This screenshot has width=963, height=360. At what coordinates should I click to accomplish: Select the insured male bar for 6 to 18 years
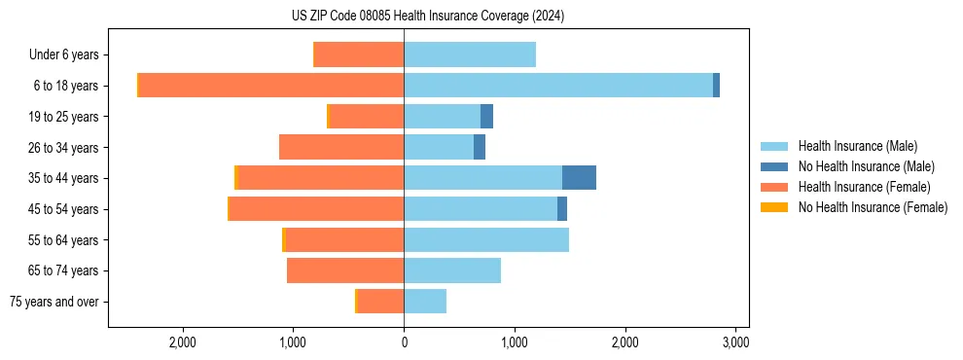[x=558, y=86]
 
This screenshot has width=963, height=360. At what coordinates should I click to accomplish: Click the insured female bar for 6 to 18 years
[x=271, y=86]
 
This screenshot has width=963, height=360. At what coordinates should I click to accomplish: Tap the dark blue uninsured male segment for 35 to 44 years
[x=579, y=178]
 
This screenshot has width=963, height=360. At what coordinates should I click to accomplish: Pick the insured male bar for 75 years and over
[x=425, y=302]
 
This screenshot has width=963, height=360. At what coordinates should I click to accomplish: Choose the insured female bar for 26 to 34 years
[x=341, y=147]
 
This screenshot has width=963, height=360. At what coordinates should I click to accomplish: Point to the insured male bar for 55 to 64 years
[x=486, y=239]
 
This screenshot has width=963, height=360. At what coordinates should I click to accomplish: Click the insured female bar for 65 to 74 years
[x=345, y=270]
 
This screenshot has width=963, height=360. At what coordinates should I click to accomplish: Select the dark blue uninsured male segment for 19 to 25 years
[x=486, y=117]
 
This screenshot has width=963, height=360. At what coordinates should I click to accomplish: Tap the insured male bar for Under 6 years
[x=470, y=54]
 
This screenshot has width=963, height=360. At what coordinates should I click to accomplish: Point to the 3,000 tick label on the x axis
[x=735, y=342]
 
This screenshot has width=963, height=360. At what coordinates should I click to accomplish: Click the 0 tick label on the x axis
[x=404, y=342]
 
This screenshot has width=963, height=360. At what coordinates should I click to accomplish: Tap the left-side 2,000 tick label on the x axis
[x=183, y=342]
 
